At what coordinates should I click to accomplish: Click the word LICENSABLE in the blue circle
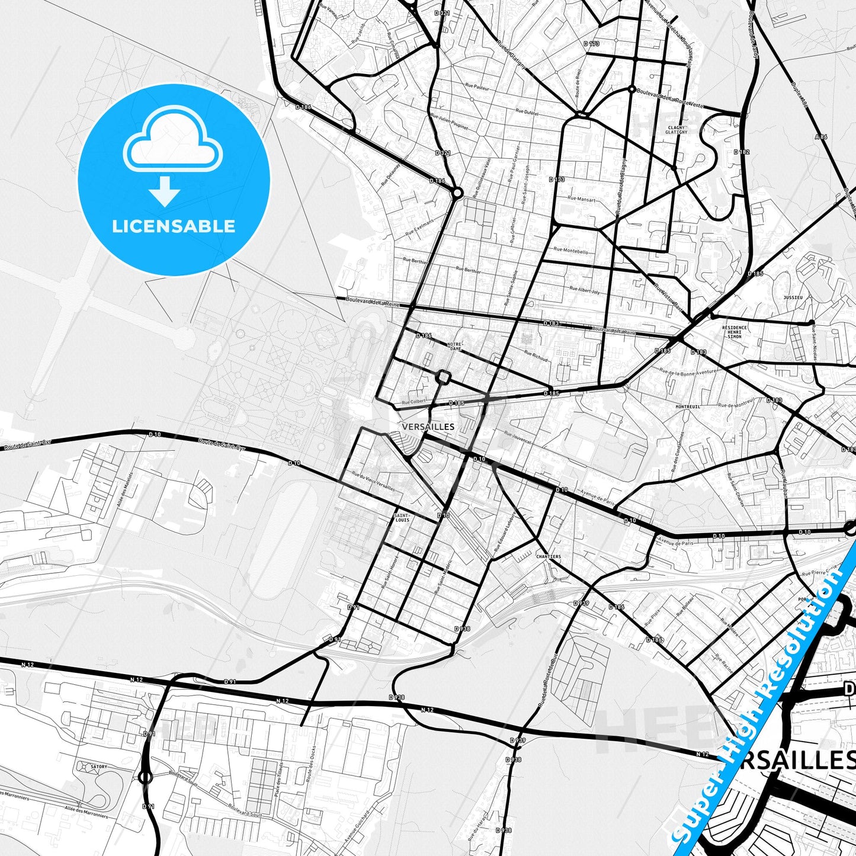(x=174, y=226)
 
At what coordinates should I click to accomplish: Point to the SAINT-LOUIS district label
(x=402, y=518)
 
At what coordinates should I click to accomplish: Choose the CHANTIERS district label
(x=548, y=557)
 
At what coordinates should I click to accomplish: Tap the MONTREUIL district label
(x=688, y=407)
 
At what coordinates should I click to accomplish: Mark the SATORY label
(x=99, y=767)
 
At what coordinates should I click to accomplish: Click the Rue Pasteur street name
(x=477, y=86)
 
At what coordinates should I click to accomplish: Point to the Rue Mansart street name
(x=582, y=199)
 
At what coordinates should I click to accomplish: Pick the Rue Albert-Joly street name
(x=585, y=290)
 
